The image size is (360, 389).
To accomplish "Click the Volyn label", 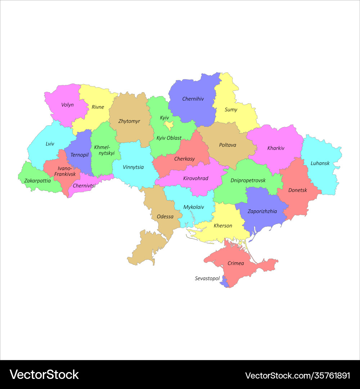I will [x=67, y=105].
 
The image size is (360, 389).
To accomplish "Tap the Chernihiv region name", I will [x=193, y=99].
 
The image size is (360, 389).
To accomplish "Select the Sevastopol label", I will [x=207, y=278].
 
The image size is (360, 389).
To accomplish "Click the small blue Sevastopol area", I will [x=224, y=282].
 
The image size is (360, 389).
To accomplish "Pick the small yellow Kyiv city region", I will [x=168, y=125].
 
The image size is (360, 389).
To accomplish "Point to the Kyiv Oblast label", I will [x=169, y=138].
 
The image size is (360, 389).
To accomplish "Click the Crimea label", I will [x=236, y=263].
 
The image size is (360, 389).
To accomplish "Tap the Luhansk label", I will [x=320, y=163].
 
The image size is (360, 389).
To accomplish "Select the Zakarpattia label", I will [x=37, y=180].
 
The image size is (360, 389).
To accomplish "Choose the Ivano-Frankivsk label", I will [x=65, y=171].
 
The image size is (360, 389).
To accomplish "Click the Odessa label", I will [x=165, y=217].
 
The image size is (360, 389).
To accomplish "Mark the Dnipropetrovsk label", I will [x=248, y=180].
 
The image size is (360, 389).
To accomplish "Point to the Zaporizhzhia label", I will [x=262, y=211].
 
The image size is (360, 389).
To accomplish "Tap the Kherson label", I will [x=223, y=226].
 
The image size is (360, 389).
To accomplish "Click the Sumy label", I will [x=231, y=110].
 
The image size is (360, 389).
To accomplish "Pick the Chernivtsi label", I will [x=84, y=186].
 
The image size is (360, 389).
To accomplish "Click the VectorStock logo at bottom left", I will [x=44, y=375].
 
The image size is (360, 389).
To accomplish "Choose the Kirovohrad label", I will [x=195, y=178].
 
